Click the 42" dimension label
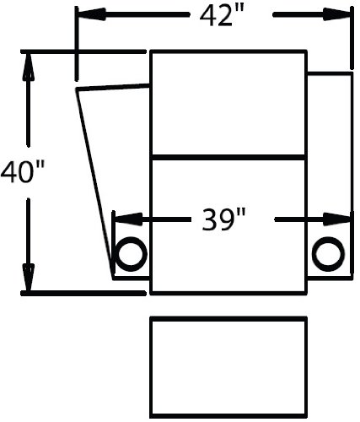point(220,16)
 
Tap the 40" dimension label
point(23,172)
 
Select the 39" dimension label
point(223,219)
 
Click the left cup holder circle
point(132,254)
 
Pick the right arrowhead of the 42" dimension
point(336,14)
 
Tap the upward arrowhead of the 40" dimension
point(28,67)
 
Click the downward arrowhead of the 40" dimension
point(28,277)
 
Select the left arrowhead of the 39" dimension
point(129,219)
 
